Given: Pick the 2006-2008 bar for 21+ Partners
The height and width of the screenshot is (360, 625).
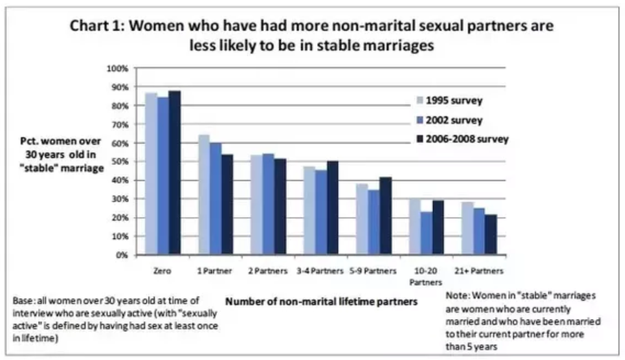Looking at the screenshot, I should [490, 234].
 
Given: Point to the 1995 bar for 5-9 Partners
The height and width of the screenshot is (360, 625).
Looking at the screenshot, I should [361, 219].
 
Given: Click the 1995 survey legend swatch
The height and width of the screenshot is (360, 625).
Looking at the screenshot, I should [419, 100].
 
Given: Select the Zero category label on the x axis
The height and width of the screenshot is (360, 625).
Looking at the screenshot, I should [163, 271].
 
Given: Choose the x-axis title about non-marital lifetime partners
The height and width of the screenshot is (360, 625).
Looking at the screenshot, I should [321, 301].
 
